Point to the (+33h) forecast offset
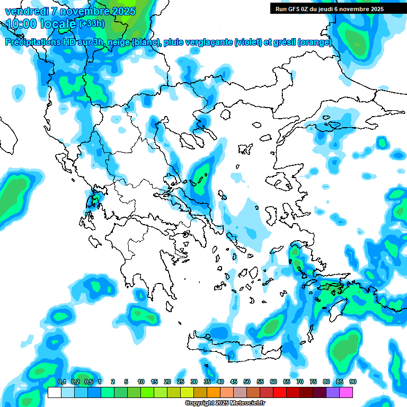pos(92,24)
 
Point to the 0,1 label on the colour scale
pos(61,382)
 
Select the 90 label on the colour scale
pos(353,382)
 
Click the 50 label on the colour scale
pos(247,382)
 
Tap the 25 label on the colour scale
pos(181,382)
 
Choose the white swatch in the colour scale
pos(54,392)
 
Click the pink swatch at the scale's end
pos(346,392)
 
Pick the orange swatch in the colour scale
pos(214,392)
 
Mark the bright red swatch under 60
pos(280,392)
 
